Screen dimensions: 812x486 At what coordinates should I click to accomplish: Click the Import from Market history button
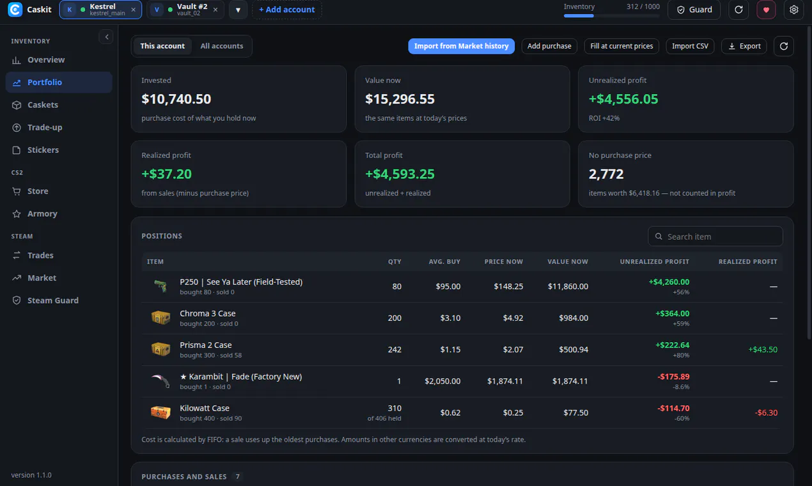pyautogui.click(x=461, y=46)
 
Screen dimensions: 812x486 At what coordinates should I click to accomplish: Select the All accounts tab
pyautogui.click(x=221, y=46)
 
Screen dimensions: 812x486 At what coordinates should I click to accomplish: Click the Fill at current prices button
pyautogui.click(x=621, y=46)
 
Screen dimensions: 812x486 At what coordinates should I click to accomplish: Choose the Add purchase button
pyautogui.click(x=549, y=46)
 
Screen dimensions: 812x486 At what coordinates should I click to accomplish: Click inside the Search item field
pyautogui.click(x=715, y=237)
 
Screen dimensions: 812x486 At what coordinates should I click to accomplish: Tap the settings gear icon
pyautogui.click(x=793, y=10)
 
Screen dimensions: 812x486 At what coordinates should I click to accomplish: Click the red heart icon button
pyautogui.click(x=766, y=10)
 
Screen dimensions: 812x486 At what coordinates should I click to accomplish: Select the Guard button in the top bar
pyautogui.click(x=694, y=10)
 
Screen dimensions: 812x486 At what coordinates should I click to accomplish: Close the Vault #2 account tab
pyautogui.click(x=215, y=10)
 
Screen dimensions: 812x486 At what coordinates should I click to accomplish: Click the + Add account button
pyautogui.click(x=286, y=10)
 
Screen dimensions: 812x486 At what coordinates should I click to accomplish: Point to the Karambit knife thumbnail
pyautogui.click(x=160, y=381)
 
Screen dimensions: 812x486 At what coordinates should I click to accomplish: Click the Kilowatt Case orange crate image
pyautogui.click(x=160, y=412)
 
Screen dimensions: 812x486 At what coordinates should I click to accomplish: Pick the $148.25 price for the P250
pyautogui.click(x=508, y=286)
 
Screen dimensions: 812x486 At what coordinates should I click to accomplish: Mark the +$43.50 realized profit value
pyautogui.click(x=763, y=349)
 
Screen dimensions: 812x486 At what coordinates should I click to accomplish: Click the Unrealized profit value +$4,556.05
pyautogui.click(x=623, y=99)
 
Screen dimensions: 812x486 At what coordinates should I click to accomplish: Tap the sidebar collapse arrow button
pyautogui.click(x=106, y=37)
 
